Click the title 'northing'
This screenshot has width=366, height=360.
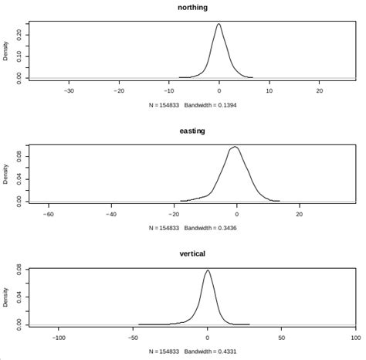191,8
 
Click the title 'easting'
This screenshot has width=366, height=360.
191,131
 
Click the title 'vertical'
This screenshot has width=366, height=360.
191,253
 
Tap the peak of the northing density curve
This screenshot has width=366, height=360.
219,24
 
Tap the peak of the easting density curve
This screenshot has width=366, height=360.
235,147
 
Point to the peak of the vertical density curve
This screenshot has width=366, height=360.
207,270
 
